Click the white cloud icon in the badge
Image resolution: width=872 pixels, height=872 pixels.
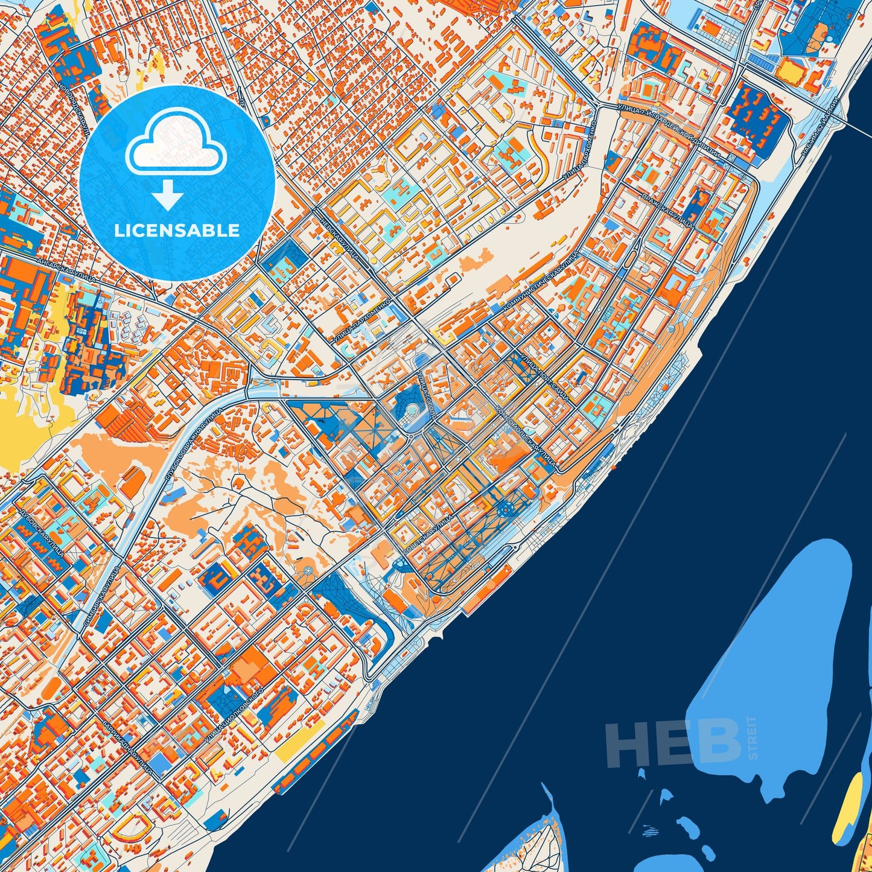click(x=176, y=147)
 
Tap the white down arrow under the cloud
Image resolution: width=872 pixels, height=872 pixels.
click(x=168, y=196)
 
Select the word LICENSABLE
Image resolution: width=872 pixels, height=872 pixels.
click(x=177, y=231)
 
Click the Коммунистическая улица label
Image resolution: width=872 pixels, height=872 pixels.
click(x=541, y=284)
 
